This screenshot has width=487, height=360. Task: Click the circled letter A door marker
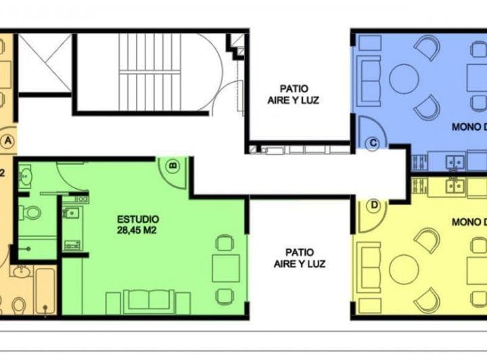point(7,141)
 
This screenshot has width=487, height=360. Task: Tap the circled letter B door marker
point(172,164)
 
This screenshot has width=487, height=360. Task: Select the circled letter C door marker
point(372,142)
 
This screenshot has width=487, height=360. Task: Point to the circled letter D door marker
point(373,205)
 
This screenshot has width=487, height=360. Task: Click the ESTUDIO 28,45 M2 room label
point(138,224)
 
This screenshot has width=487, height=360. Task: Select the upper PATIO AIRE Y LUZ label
point(293,93)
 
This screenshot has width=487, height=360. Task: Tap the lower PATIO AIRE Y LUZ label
point(300,258)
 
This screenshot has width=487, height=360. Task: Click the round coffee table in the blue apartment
point(404,79)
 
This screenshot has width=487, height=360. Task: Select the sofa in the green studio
point(147,300)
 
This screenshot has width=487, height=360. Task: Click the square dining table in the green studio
point(225,268)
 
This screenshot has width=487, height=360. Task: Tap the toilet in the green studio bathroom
point(29,212)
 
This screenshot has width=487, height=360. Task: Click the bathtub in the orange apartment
point(45,291)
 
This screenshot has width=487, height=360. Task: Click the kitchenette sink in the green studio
point(71,214)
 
